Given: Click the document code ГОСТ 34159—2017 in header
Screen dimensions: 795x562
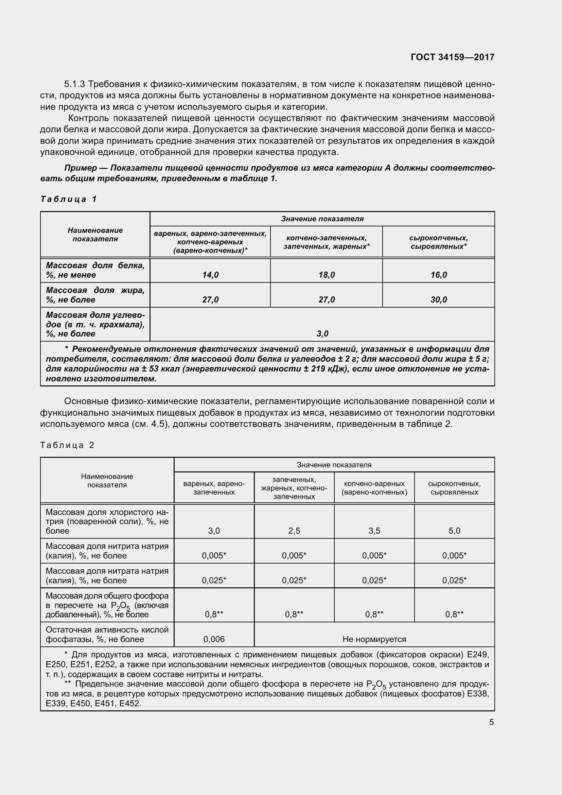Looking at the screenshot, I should point(452,57).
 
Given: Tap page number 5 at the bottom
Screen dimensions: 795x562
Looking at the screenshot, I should point(491,722).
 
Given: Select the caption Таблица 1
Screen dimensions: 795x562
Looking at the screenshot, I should point(69,199).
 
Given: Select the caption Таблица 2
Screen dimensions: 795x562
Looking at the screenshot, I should point(67,445).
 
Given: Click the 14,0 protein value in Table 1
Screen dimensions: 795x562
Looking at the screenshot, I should point(210,275).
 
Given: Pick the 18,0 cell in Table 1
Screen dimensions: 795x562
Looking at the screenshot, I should point(326,275).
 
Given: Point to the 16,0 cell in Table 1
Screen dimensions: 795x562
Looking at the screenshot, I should point(438,275).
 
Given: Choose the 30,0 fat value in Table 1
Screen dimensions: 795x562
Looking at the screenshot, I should point(438,300).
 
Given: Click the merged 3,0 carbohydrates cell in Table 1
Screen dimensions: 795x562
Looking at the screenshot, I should point(322,334).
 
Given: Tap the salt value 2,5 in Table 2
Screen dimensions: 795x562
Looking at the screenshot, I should point(294,531).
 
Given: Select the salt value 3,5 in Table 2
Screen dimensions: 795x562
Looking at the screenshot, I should point(374,531).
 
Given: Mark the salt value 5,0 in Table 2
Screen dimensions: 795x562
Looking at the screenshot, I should point(454,531).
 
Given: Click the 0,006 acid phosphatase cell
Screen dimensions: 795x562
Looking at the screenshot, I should point(214,639).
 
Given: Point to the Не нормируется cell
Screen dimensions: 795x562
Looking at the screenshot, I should point(374,639).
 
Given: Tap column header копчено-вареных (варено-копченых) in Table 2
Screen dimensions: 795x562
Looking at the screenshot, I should point(374,488).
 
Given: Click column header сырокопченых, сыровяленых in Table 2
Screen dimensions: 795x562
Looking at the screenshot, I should point(454,488).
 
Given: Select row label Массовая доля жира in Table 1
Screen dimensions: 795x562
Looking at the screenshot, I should point(95,295).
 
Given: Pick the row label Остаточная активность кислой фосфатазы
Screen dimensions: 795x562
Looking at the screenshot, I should point(107,634).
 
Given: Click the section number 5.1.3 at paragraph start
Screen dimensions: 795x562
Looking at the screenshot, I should point(74,84).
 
